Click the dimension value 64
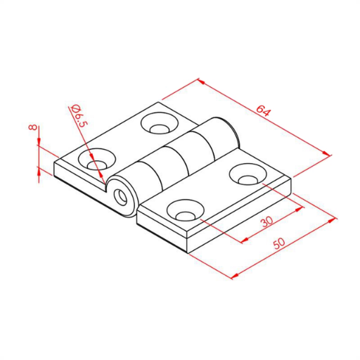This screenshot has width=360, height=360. [264, 110]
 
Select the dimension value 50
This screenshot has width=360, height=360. [279, 243]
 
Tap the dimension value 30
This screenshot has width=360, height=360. [267, 221]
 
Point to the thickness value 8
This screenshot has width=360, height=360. [32, 127]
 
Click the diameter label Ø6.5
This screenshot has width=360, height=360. [79, 115]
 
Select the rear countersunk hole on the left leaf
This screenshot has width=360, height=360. [160, 123]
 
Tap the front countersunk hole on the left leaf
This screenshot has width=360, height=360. [97, 159]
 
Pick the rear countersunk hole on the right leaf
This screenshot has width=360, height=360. [248, 174]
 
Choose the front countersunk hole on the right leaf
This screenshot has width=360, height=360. [186, 210]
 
